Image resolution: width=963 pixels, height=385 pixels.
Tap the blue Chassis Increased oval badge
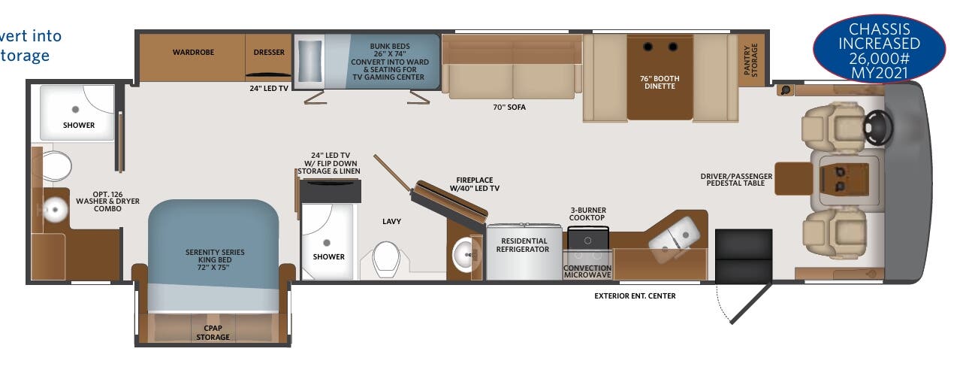(x=880, y=51)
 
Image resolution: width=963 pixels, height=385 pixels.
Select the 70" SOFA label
(x=509, y=107)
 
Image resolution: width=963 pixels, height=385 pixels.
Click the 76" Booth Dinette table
(x=659, y=77)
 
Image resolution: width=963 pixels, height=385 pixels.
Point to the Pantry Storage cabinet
(x=750, y=59)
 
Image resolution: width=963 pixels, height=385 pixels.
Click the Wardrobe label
(x=190, y=53)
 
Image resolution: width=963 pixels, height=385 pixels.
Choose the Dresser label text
(x=269, y=53)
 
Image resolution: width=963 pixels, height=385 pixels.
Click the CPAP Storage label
(x=213, y=332)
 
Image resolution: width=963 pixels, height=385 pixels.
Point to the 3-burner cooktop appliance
(x=587, y=238)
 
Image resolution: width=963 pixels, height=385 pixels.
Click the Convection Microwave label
(x=587, y=271)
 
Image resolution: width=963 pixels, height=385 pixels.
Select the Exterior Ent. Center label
(x=635, y=296)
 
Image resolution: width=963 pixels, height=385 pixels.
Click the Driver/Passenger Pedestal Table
(x=793, y=178)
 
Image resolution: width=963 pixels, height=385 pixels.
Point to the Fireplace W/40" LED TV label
(x=474, y=184)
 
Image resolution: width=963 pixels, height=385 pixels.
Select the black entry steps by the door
(x=743, y=256)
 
